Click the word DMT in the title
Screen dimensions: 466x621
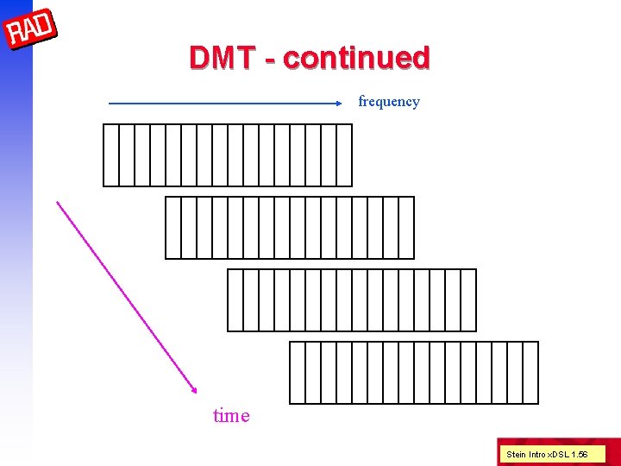tap(223, 58)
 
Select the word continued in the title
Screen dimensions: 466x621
tap(356, 58)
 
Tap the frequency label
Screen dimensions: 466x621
tap(389, 102)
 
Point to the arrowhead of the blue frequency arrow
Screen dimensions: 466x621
tap(339, 103)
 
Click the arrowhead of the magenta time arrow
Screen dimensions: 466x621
tap(194, 391)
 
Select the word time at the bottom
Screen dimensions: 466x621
tap(231, 416)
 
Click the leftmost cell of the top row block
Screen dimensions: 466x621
tap(111, 155)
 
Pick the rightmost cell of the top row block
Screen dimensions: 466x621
tap(344, 155)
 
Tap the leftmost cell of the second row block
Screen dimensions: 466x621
tap(173, 228)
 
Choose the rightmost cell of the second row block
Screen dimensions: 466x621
tap(406, 228)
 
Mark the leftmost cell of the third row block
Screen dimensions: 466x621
tap(235, 300)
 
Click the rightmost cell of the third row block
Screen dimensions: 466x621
tap(468, 300)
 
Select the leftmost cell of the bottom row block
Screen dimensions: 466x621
tap(298, 373)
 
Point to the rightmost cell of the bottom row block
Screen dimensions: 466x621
tap(530, 373)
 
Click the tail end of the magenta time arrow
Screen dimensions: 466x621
tap(58, 203)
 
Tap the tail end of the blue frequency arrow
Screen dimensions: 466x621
tap(110, 104)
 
